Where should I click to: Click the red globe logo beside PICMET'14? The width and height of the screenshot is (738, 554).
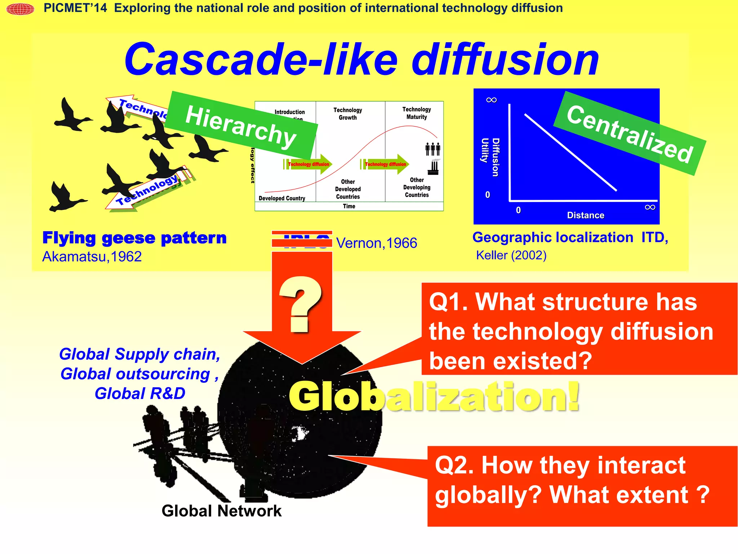(x=20, y=9)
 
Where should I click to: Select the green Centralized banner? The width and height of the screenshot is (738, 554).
(x=629, y=134)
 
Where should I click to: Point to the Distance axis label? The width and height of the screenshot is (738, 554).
(x=585, y=215)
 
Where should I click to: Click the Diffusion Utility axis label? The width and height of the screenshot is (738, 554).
(x=490, y=157)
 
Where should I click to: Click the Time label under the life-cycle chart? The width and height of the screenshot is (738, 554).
(x=349, y=206)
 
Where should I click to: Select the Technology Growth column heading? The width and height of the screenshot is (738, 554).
(x=347, y=114)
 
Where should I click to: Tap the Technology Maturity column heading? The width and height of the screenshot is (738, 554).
(x=417, y=113)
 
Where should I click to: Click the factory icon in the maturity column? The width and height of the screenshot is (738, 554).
(x=434, y=167)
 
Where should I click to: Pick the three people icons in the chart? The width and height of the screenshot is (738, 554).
(x=432, y=149)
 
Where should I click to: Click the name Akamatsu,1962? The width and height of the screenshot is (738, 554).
(x=92, y=257)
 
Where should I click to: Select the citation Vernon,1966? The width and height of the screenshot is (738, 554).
(x=377, y=243)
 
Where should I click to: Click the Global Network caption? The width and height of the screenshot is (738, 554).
(x=221, y=511)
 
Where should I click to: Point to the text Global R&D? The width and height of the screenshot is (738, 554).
(x=140, y=393)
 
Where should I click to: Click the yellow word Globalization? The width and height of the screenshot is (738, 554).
(x=434, y=397)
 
